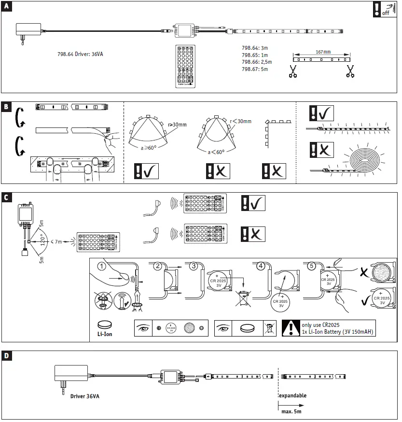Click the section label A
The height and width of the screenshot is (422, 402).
point(6,7)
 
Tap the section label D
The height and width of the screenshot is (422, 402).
point(6,356)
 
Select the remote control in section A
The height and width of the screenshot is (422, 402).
point(186,66)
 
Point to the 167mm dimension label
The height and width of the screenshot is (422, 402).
point(321,52)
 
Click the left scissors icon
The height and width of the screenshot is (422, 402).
point(292,71)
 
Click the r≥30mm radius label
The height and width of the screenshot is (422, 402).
point(177,125)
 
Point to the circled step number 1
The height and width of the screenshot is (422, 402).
point(102,266)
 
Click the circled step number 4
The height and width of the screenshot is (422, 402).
point(261,266)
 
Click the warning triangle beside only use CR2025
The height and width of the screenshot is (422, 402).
point(291,328)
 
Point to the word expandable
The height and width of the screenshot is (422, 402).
point(292,395)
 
